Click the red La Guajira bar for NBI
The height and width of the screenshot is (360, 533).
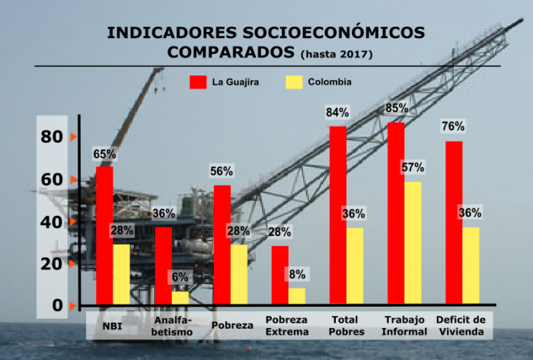coord(104,236)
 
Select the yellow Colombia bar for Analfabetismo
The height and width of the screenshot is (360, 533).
coord(180,298)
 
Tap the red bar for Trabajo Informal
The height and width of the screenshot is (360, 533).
coord(396,213)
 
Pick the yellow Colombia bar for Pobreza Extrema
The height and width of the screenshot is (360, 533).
coord(297,295)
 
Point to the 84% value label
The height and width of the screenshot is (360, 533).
coord(337,113)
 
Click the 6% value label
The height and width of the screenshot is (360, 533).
coord(180,278)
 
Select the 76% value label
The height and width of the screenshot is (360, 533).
coord(453,126)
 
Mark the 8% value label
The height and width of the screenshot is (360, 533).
coord(297,274)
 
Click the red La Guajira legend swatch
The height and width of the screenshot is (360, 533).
coord(199,81)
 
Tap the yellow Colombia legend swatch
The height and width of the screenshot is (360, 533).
coord(293,81)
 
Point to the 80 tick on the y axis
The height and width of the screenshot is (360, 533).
coord(52,137)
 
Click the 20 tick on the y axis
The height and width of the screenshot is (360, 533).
coord(52,264)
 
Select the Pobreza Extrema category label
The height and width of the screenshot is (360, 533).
coord(287,326)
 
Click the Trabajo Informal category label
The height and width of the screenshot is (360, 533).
coord(405,326)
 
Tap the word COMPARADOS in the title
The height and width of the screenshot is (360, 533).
coord(230,53)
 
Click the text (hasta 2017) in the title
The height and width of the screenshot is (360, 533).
coord(337,54)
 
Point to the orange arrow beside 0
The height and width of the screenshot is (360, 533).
coord(73,306)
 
